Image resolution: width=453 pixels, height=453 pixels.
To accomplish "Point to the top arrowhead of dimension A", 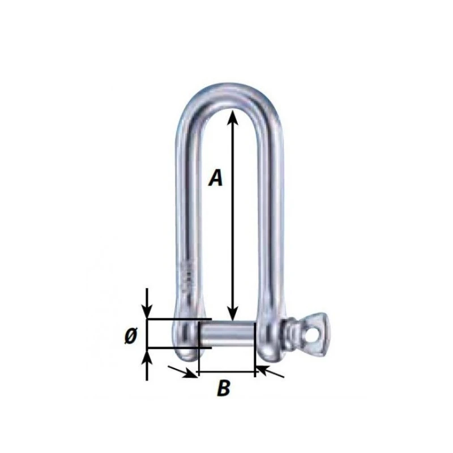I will coord(230,115).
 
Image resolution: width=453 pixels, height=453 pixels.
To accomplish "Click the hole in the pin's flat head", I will coord(310,335).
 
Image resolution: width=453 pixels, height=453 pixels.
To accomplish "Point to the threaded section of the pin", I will coord(290,334).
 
